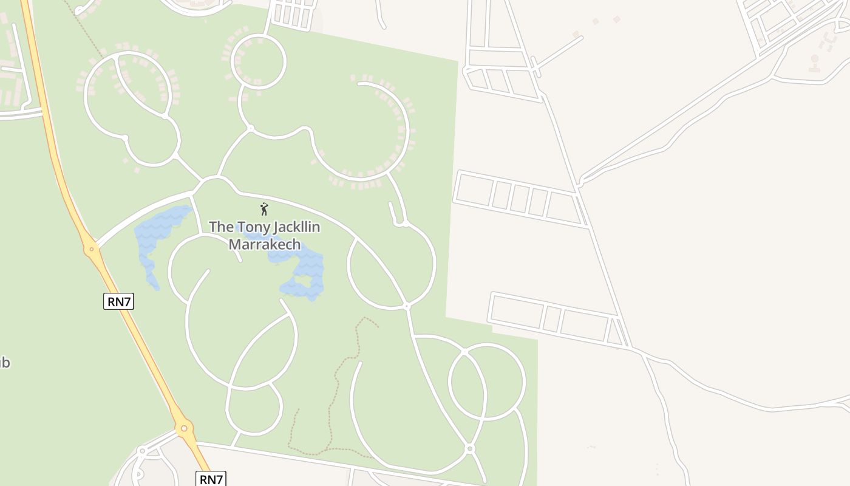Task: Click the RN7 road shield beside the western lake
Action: pos(118,301)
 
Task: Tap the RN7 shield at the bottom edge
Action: pos(211,479)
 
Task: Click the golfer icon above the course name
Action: pos(264,209)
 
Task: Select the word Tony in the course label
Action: pos(251,227)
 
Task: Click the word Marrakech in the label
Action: pos(265,244)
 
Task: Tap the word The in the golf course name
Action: pos(221,227)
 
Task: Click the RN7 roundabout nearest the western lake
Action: pos(91,248)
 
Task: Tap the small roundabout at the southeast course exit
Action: pos(469,448)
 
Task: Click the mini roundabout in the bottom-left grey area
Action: pos(142,451)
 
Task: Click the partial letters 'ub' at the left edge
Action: pos(4,363)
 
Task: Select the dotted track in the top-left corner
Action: pos(85,24)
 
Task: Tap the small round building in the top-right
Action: pos(815,59)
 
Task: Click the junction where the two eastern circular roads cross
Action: pos(464,352)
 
